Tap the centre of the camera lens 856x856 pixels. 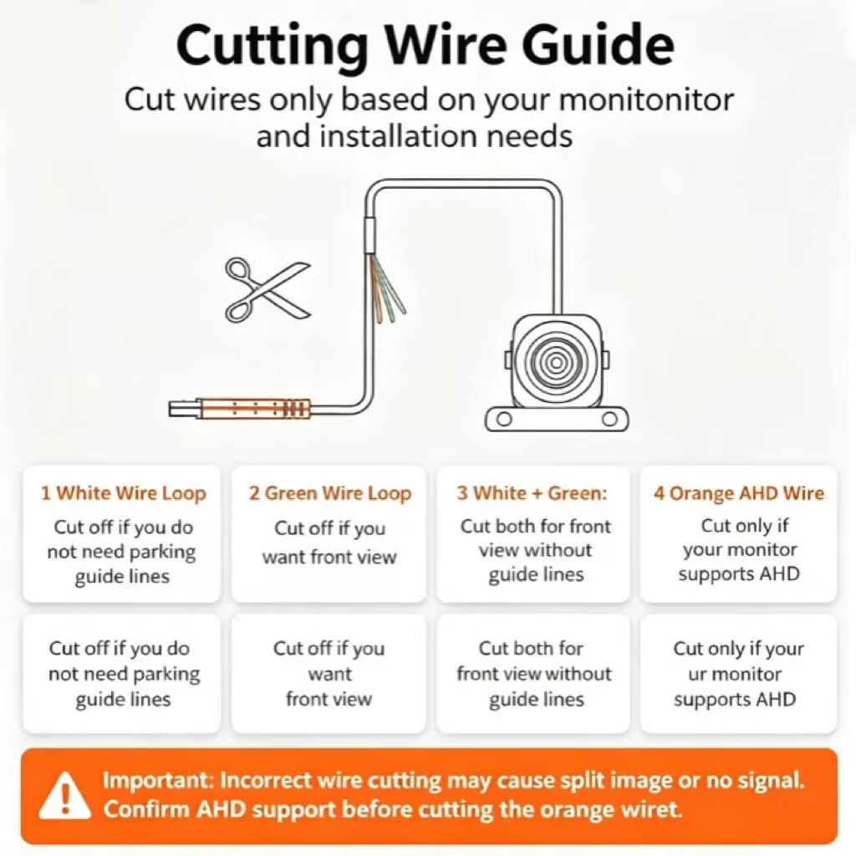point(557,363)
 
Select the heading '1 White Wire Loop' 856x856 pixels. point(124,493)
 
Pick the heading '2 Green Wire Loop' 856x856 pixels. point(329,493)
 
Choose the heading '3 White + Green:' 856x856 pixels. point(532,493)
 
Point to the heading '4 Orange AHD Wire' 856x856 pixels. point(739,493)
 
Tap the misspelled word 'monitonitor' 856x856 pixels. point(646,100)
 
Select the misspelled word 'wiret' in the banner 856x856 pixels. point(658,808)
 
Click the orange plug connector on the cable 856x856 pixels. point(253,408)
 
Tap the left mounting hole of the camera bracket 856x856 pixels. point(505,420)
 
